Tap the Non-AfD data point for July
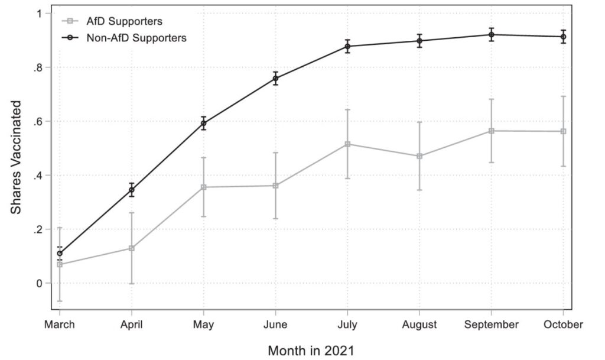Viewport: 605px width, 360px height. pyautogui.click(x=347, y=46)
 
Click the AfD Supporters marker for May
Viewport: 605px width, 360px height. pyautogui.click(x=204, y=187)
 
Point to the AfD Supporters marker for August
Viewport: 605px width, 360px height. pyautogui.click(x=419, y=156)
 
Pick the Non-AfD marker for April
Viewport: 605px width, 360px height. pyautogui.click(x=132, y=190)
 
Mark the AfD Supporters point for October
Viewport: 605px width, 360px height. pyautogui.click(x=563, y=131)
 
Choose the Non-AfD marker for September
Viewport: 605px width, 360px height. pyautogui.click(x=491, y=35)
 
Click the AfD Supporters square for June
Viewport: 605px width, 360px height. pyautogui.click(x=275, y=186)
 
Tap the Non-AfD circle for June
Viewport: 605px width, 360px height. pyautogui.click(x=275, y=79)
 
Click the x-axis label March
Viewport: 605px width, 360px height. pyautogui.click(x=60, y=325)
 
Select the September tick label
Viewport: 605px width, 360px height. pyautogui.click(x=491, y=325)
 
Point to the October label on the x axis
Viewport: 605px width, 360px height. pyautogui.click(x=563, y=325)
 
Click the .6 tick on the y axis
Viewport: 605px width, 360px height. pyautogui.click(x=39, y=122)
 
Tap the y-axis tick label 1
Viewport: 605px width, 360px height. pyautogui.click(x=40, y=14)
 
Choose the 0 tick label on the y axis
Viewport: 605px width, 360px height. pyautogui.click(x=40, y=284)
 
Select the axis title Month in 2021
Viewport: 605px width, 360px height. pyautogui.click(x=311, y=350)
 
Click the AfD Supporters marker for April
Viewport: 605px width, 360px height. pyautogui.click(x=132, y=248)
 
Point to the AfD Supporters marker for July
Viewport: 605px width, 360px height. pyautogui.click(x=347, y=144)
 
